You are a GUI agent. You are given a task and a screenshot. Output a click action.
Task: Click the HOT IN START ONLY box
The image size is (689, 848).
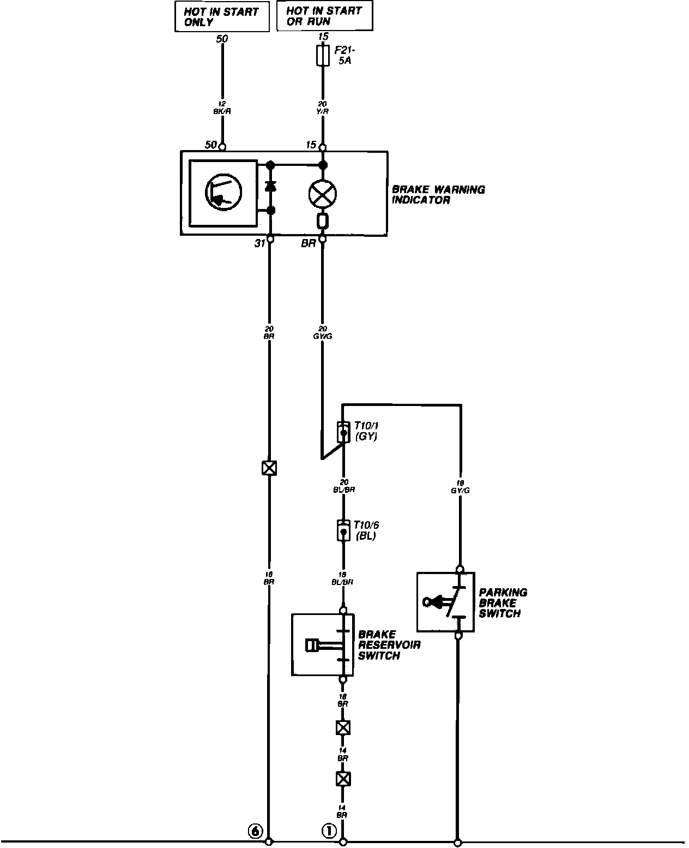pyautogui.click(x=221, y=17)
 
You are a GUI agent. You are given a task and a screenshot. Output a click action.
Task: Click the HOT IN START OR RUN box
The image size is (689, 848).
pyautogui.click(x=324, y=16)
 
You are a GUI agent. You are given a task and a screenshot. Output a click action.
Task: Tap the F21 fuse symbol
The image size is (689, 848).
pyautogui.click(x=323, y=56)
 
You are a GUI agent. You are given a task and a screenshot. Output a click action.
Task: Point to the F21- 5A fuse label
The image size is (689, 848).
pyautogui.click(x=343, y=56)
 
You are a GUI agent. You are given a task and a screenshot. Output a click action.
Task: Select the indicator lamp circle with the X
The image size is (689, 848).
pyautogui.click(x=323, y=194)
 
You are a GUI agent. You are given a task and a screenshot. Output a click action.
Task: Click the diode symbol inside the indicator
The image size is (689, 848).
pyautogui.click(x=270, y=187)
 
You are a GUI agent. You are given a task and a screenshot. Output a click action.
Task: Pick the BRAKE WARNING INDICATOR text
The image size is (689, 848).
pyautogui.click(x=438, y=195)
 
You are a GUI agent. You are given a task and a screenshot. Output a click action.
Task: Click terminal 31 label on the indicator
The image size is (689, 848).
pyautogui.click(x=259, y=243)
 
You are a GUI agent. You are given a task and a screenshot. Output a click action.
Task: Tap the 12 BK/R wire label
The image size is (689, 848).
pyautogui.click(x=222, y=107)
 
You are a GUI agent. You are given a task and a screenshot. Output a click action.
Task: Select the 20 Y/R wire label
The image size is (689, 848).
pyautogui.click(x=323, y=108)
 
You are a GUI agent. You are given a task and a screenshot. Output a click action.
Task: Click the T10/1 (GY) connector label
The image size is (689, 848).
pyautogui.click(x=366, y=431)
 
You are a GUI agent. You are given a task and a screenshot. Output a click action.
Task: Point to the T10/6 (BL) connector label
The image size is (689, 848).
pyautogui.click(x=366, y=530)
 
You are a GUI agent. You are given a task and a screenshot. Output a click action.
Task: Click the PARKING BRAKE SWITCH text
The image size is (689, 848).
pyautogui.click(x=503, y=603)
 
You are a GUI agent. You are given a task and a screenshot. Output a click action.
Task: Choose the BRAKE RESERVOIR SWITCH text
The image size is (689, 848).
pyautogui.click(x=389, y=645)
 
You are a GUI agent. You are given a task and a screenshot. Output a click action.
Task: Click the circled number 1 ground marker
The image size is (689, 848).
pyautogui.click(x=329, y=831)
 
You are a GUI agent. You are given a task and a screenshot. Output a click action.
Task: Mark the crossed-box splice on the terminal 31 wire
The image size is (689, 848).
pyautogui.click(x=269, y=468)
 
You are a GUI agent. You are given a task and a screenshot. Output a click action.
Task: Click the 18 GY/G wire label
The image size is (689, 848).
pyautogui.click(x=460, y=487)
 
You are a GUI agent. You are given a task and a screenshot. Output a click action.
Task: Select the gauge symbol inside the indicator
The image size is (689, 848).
pyautogui.click(x=223, y=193)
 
